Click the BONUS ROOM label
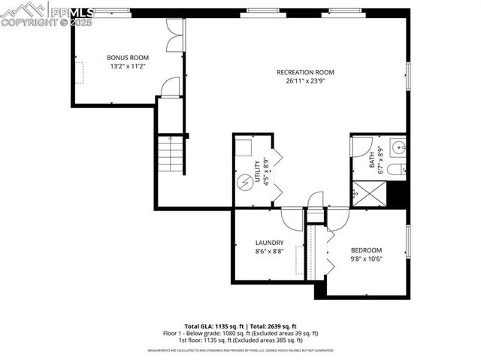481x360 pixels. tap(128, 57)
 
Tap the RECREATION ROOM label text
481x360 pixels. tap(305, 72)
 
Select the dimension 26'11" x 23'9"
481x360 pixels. tap(305, 82)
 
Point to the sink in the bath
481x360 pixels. tap(399, 147)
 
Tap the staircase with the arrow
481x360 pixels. tap(171, 154)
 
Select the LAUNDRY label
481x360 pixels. tap(269, 243)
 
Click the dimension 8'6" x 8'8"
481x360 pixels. tap(269, 253)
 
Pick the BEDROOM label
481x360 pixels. tap(366, 250)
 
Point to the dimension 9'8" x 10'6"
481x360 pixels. tap(366, 260)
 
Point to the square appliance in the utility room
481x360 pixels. tap(245, 149)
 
